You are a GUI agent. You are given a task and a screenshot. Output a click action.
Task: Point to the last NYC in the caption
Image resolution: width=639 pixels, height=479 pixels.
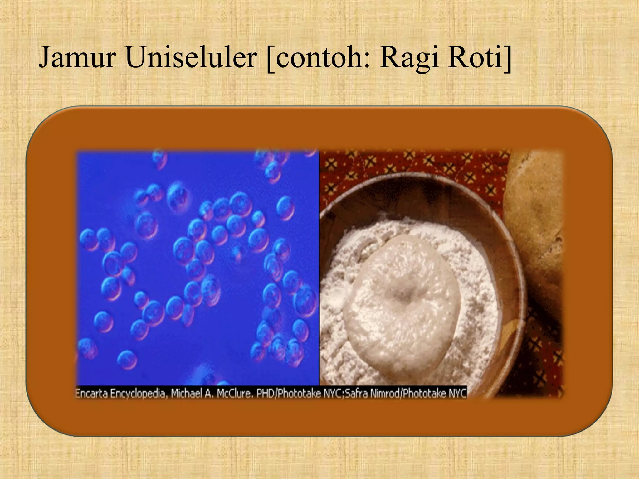click(x=457, y=394)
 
